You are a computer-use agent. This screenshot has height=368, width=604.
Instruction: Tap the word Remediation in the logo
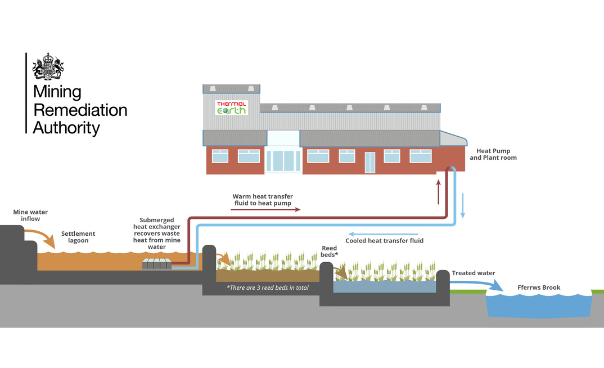click(80, 109)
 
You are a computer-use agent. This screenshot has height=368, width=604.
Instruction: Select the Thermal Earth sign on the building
click(231, 107)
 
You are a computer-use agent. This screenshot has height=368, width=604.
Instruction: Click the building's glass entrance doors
click(283, 160)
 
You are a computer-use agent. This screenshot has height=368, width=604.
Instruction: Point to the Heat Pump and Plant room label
click(493, 154)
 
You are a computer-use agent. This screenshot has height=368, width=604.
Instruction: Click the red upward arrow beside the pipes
click(438, 191)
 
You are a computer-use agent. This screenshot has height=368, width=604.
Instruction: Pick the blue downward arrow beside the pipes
click(463, 205)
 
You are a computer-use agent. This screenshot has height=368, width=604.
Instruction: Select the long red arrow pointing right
click(265, 209)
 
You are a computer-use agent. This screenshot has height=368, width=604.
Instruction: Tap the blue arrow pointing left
click(383, 234)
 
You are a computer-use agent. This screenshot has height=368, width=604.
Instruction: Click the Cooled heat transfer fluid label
click(384, 241)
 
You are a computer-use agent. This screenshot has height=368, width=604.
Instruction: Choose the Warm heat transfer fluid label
click(263, 200)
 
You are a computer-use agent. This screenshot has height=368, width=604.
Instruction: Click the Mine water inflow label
click(27, 215)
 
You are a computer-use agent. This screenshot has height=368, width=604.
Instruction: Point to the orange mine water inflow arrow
click(45, 237)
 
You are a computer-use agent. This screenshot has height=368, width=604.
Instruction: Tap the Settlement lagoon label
click(78, 237)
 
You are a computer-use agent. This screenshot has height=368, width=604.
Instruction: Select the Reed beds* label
click(329, 252)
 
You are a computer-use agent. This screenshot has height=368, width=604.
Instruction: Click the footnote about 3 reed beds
click(267, 288)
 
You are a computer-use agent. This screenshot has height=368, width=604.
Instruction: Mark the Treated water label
click(474, 273)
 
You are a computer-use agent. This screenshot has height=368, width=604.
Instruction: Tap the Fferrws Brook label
click(539, 288)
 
